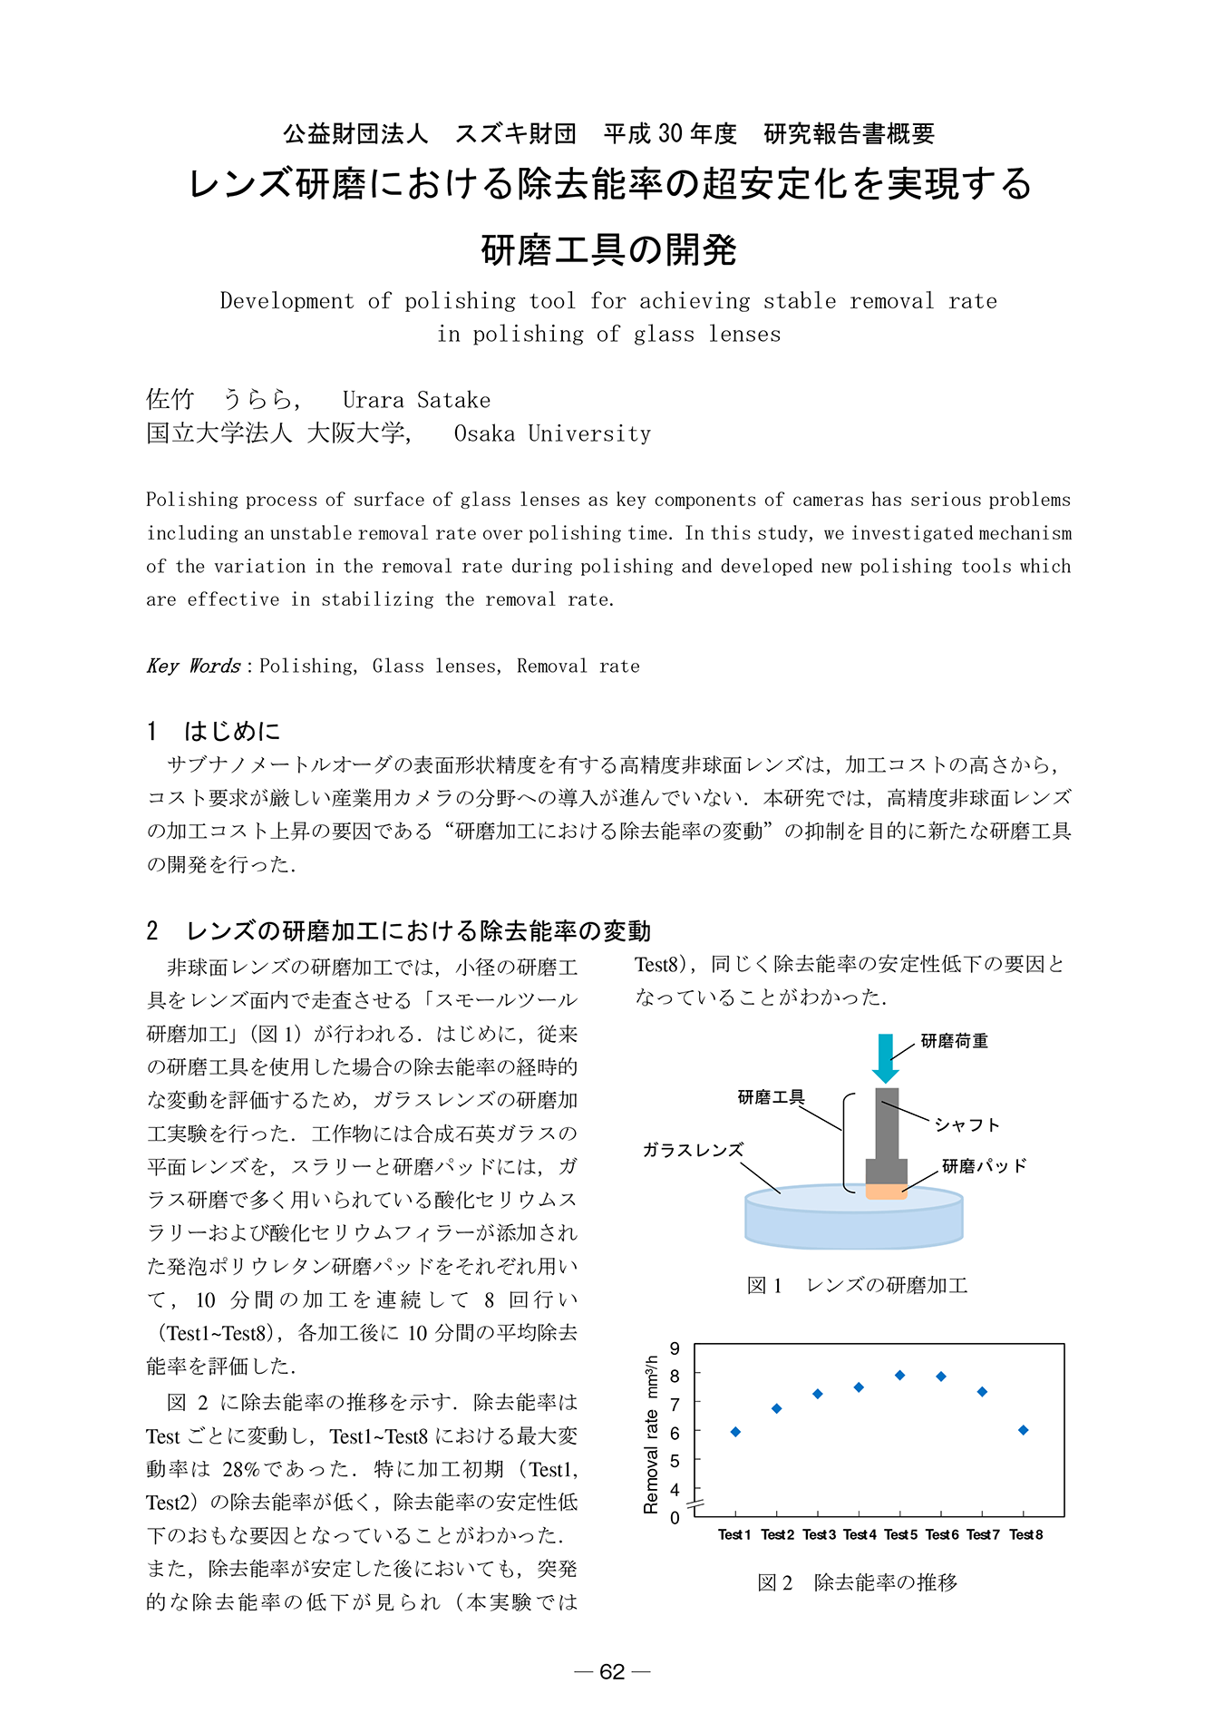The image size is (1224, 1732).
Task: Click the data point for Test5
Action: pyautogui.click(x=899, y=1376)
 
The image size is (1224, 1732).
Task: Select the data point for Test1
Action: pyautogui.click(x=735, y=1432)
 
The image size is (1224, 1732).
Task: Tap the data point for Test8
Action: pyautogui.click(x=1023, y=1430)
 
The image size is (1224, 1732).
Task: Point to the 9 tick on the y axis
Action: pyautogui.click(x=675, y=1348)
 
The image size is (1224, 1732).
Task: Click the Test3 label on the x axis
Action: pyautogui.click(x=819, y=1534)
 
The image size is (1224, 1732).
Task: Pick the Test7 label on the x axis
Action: pyautogui.click(x=983, y=1534)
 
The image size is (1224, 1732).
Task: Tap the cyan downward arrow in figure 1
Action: pyautogui.click(x=886, y=1056)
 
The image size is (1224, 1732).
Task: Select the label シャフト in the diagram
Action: pyautogui.click(x=967, y=1125)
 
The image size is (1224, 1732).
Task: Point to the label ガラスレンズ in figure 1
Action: pyautogui.click(x=693, y=1151)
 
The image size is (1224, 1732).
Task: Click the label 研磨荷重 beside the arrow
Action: pyautogui.click(x=955, y=1041)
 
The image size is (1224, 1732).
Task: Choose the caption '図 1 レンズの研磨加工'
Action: pyautogui.click(x=857, y=1285)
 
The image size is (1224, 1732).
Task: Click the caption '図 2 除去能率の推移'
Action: pyautogui.click(x=857, y=1582)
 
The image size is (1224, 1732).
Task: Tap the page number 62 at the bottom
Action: pyautogui.click(x=613, y=1671)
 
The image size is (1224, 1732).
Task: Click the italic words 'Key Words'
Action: pyautogui.click(x=193, y=667)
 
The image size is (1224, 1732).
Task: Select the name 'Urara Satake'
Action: pyautogui.click(x=416, y=401)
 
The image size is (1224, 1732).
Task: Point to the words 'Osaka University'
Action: pyautogui.click(x=552, y=434)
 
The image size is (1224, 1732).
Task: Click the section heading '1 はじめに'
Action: pyautogui.click(x=214, y=731)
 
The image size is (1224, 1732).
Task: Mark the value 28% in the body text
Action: pyautogui.click(x=245, y=1469)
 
